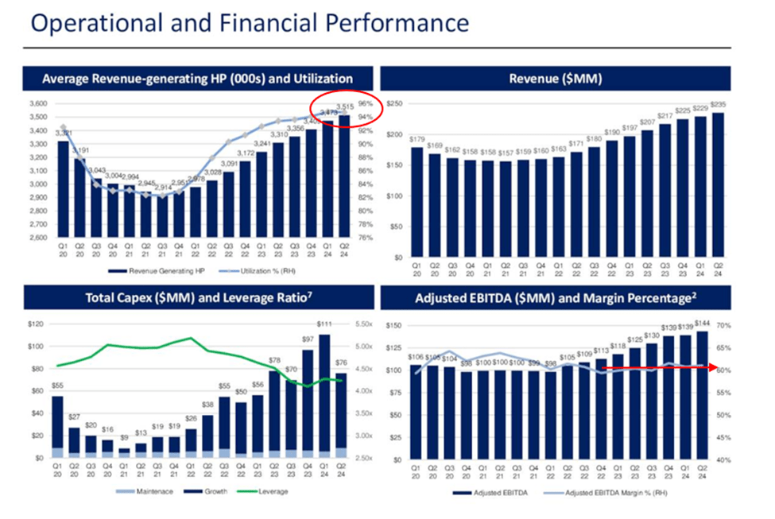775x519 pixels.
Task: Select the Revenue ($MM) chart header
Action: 555,79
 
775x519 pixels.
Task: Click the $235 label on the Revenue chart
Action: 719,106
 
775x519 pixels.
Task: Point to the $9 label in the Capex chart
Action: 123,438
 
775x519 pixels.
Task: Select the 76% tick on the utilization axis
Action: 364,238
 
